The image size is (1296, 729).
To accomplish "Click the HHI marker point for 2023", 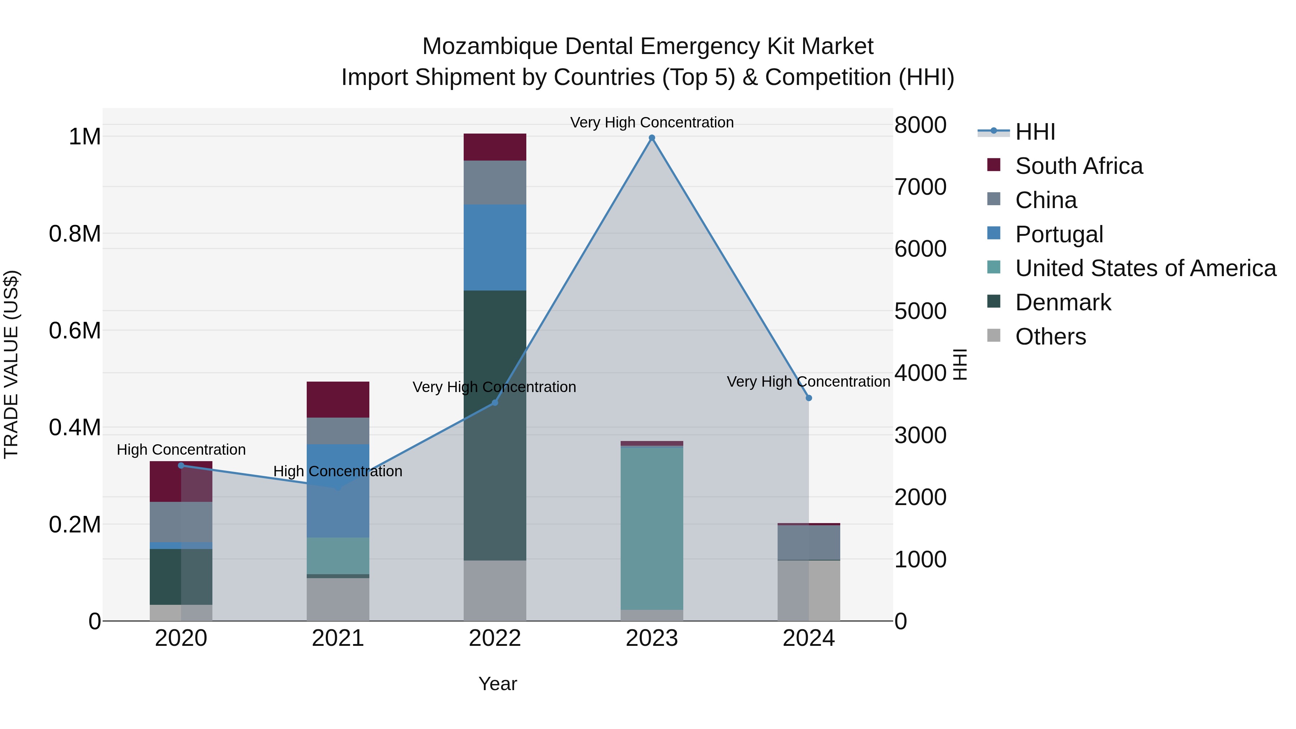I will click(652, 138).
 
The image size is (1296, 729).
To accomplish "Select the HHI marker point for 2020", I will click(181, 465).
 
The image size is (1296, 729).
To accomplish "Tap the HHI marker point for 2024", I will click(809, 398).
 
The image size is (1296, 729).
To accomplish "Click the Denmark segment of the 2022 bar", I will click(495, 425).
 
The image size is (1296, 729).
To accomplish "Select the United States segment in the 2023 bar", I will click(652, 528).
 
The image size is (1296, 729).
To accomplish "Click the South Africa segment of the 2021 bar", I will click(338, 400).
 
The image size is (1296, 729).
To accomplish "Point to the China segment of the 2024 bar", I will click(809, 543).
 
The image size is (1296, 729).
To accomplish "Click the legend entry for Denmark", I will click(1063, 302).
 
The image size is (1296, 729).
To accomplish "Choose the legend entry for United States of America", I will click(1145, 268).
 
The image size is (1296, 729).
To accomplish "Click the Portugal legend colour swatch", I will click(994, 233).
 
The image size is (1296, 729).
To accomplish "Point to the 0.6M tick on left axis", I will click(75, 330).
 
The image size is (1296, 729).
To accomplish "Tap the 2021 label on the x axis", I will click(338, 638).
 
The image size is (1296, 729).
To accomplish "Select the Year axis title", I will click(498, 684).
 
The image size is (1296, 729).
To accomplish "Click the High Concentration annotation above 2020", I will click(181, 449).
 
